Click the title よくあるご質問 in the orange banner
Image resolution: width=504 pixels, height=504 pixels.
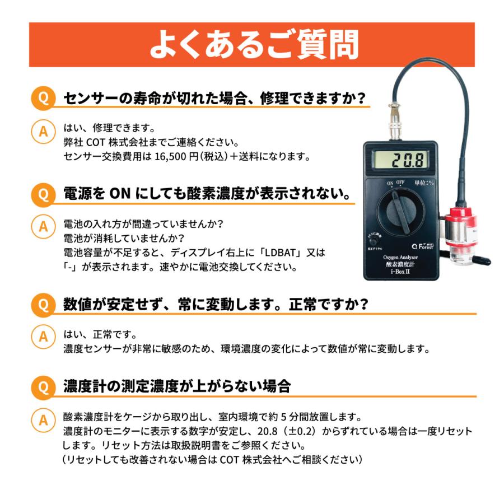pyautogui.click(x=253, y=45)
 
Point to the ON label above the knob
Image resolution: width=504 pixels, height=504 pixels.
pyautogui.click(x=390, y=183)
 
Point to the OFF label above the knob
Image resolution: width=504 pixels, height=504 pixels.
pyautogui.click(x=400, y=183)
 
